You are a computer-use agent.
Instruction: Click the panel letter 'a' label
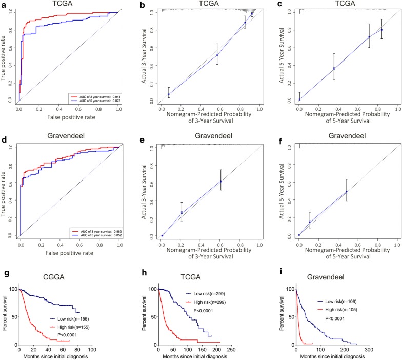(x=4, y=5)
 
